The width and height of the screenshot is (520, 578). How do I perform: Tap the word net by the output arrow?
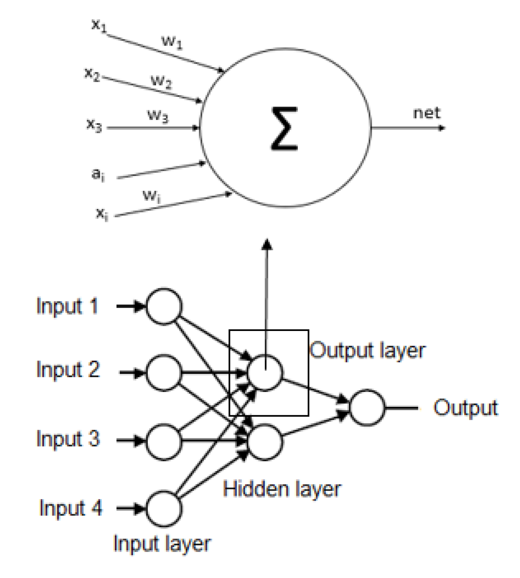click(426, 113)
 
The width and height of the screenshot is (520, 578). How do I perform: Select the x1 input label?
click(99, 25)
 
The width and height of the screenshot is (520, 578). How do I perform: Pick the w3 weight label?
click(158, 115)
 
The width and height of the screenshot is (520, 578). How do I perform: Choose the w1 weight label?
click(172, 42)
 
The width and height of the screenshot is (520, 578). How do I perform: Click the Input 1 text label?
click(67, 306)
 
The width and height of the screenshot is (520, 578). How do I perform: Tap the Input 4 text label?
click(71, 508)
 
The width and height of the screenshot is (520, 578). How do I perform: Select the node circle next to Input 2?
click(164, 373)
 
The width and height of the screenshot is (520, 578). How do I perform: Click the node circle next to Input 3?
click(164, 441)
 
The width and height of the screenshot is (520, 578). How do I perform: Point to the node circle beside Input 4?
click(164, 509)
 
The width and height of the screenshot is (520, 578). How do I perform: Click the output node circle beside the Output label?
click(367, 408)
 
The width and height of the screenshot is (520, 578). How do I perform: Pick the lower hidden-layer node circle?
click(265, 441)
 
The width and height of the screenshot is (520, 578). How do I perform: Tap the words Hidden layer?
click(281, 489)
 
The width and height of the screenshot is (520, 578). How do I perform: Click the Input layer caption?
click(162, 544)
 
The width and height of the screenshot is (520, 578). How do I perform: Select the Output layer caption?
click(367, 350)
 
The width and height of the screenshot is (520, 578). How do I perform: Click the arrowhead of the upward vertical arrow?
click(267, 244)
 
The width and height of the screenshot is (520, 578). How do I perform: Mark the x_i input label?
click(102, 213)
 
